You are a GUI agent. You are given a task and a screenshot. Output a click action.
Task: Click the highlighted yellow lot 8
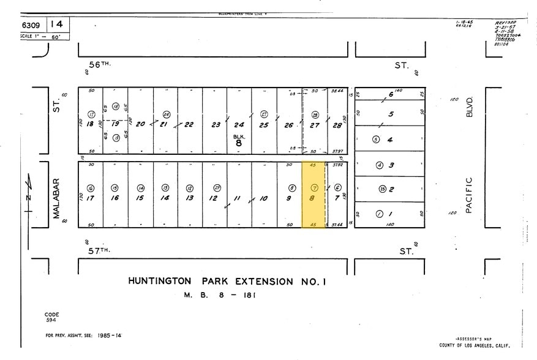(x=313, y=194)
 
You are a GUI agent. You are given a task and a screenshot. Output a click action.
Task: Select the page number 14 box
(x=57, y=24)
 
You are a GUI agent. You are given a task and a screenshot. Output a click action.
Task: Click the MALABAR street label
(x=55, y=198)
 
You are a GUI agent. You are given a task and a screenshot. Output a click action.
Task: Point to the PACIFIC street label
(x=470, y=195)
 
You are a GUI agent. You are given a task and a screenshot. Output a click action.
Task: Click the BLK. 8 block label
(x=239, y=140)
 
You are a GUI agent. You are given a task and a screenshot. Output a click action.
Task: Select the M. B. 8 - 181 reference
(x=219, y=295)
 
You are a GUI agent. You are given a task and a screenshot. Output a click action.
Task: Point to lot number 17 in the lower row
(x=90, y=198)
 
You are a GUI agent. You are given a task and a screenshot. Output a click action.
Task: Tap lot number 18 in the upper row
(x=90, y=124)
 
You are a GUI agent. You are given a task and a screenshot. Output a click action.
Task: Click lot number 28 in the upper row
(x=337, y=125)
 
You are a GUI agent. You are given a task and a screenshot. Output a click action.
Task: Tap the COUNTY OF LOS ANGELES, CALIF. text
(x=474, y=345)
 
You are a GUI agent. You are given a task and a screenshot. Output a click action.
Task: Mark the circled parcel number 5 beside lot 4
(x=376, y=140)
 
